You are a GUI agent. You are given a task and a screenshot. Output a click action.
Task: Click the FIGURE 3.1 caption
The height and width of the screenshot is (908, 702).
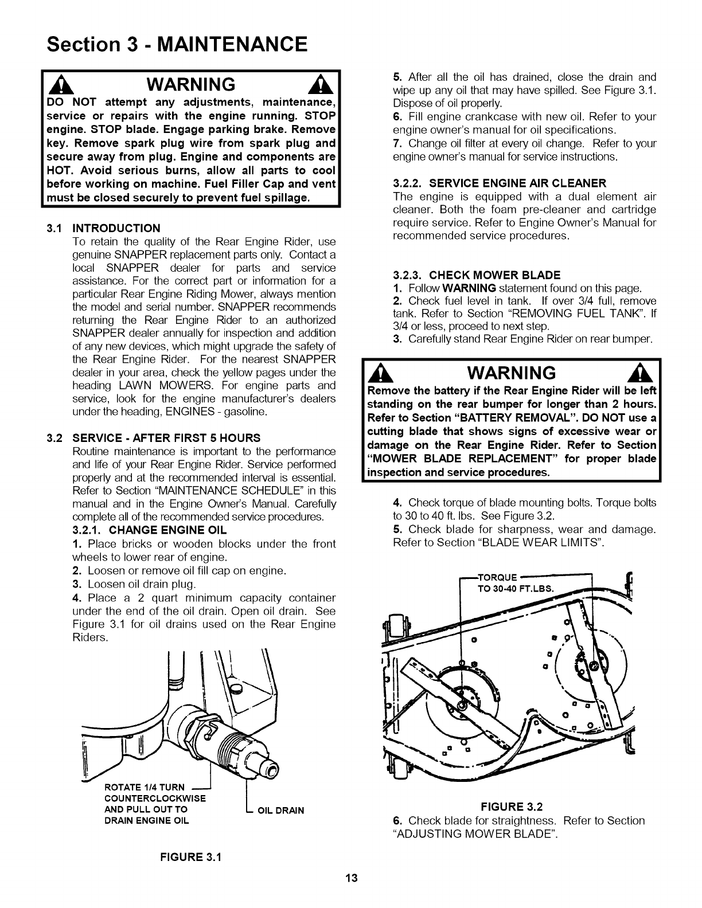coord(190,857)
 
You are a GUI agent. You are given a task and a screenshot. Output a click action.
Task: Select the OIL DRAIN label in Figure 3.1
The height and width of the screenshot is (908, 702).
coord(279,810)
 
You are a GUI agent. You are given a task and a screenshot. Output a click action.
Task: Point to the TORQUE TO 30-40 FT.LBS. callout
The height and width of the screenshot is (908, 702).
coord(515,582)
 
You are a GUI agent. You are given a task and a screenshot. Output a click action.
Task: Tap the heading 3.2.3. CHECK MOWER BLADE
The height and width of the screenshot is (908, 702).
coord(477,275)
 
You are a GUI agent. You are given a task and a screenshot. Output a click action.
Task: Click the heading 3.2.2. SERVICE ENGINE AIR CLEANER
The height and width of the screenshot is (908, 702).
coord(500,183)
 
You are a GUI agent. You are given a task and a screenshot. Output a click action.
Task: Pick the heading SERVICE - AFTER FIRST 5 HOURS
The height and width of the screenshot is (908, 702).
coord(166,438)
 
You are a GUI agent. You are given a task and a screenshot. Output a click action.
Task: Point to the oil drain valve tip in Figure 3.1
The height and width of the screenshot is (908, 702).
coord(270,768)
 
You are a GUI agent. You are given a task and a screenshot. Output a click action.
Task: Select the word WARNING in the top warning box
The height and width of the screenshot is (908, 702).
coord(190,85)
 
